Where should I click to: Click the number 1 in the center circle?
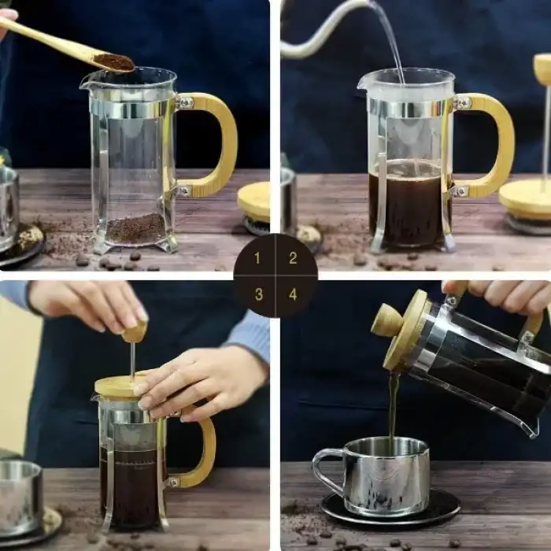(257, 258)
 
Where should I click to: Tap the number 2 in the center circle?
(293, 258)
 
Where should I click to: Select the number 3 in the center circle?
(257, 294)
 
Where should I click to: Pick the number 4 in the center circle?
(293, 294)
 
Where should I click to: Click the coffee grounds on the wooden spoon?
(114, 61)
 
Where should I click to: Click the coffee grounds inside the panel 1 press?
(135, 229)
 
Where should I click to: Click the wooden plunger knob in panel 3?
(135, 331)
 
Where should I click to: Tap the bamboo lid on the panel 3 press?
(118, 386)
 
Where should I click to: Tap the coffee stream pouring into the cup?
(391, 409)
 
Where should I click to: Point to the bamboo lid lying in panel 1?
(254, 202)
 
